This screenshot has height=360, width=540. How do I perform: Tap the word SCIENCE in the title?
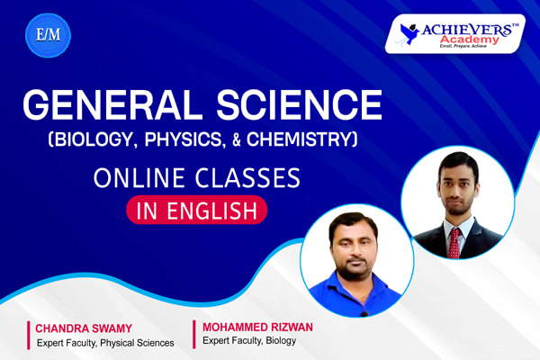pos(292,107)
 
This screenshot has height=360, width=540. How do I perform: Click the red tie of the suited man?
pos(454,241)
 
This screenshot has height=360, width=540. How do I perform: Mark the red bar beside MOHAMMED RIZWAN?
pos(193,333)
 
